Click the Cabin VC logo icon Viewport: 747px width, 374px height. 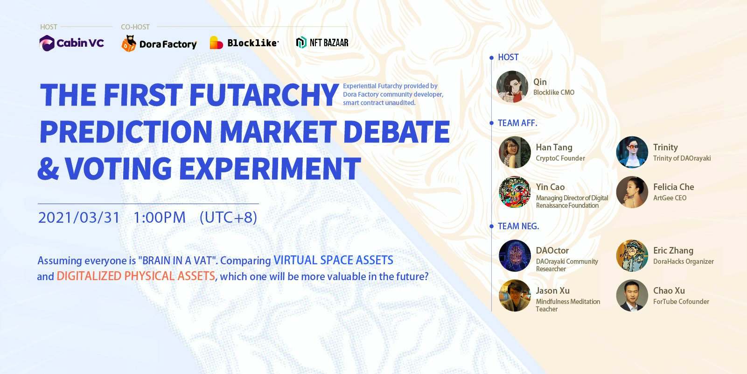[x=47, y=43]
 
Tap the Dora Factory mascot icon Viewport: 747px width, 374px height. [x=129, y=43]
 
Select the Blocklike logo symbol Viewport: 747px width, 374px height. [x=216, y=42]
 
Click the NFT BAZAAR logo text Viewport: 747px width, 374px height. [x=329, y=42]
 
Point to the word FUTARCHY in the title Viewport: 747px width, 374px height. [x=264, y=95]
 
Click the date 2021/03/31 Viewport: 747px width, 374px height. [x=79, y=218]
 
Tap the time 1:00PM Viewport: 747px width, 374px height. [x=160, y=218]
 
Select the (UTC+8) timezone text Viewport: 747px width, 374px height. [x=229, y=218]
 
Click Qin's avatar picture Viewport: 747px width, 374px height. [x=512, y=87]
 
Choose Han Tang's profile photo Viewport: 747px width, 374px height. [x=515, y=152]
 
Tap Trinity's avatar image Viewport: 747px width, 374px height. [x=632, y=152]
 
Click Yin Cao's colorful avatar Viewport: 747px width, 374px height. [x=515, y=192]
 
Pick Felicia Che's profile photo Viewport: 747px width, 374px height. [x=632, y=192]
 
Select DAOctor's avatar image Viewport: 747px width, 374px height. [x=515, y=255]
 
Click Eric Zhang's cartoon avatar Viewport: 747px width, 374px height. [x=632, y=255]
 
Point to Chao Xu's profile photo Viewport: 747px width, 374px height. [x=632, y=296]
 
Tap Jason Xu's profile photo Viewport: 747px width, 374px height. [x=515, y=296]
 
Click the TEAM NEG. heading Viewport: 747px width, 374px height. [x=518, y=226]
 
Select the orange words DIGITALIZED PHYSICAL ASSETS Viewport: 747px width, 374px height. [x=136, y=276]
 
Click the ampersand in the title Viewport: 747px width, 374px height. [x=49, y=169]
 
